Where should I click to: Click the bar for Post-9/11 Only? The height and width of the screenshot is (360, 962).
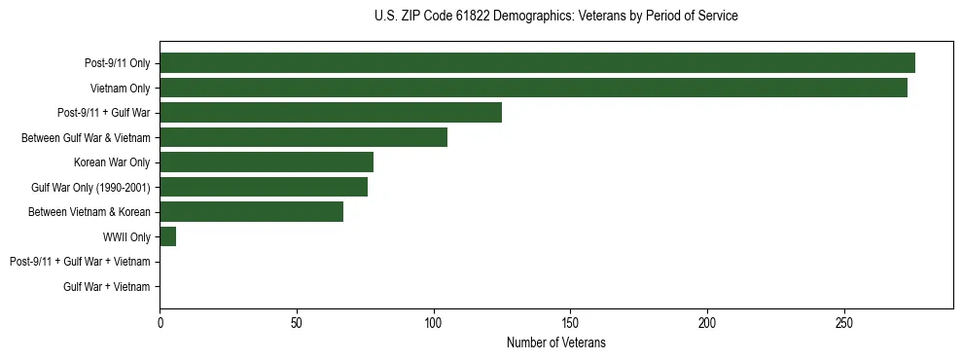tap(537, 63)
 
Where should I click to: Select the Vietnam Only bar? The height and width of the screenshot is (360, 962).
tap(533, 88)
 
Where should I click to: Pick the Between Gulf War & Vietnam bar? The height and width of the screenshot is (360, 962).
tap(303, 137)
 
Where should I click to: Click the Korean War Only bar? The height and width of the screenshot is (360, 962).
tap(267, 162)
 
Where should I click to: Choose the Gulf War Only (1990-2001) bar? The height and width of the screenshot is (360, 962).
tap(264, 187)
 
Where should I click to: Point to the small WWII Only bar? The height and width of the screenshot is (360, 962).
tap(167, 236)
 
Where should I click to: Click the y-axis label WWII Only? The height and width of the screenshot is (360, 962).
tap(126, 236)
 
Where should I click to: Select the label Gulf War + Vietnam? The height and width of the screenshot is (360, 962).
tap(107, 287)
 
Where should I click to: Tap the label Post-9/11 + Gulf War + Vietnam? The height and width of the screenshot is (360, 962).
tap(80, 262)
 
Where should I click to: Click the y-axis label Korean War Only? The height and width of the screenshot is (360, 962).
tap(112, 162)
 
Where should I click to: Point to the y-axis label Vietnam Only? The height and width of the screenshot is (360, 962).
tap(120, 89)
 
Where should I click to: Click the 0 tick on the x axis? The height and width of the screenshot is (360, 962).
tap(160, 322)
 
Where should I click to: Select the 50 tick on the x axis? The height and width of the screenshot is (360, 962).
tap(297, 322)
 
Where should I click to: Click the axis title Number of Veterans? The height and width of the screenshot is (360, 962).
tap(555, 342)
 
